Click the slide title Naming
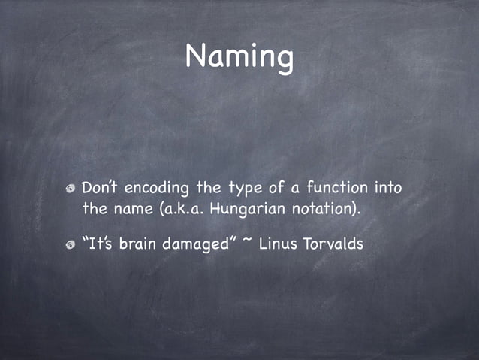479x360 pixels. tap(239, 56)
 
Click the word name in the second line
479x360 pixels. tap(131, 207)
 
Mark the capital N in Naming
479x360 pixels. tap(196, 56)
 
